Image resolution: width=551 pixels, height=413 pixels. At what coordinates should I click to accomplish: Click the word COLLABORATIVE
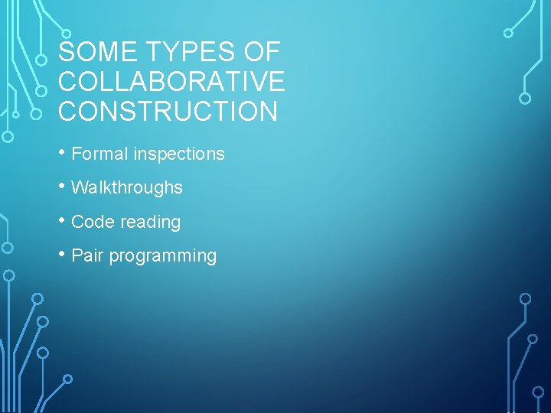pos(171,82)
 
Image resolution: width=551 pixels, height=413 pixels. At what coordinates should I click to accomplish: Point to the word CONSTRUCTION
pos(168,112)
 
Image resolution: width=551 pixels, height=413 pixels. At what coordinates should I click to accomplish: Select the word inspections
pos(179,154)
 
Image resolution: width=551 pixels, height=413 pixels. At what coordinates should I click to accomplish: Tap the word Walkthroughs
pos(127,187)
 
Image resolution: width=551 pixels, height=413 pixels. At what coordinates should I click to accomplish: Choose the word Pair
pos(87,256)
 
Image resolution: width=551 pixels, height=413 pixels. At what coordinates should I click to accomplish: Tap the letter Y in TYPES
pos(167,53)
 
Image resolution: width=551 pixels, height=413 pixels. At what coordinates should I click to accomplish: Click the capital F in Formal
pos(76,154)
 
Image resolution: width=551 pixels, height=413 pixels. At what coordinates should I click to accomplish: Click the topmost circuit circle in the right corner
pos(508,33)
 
